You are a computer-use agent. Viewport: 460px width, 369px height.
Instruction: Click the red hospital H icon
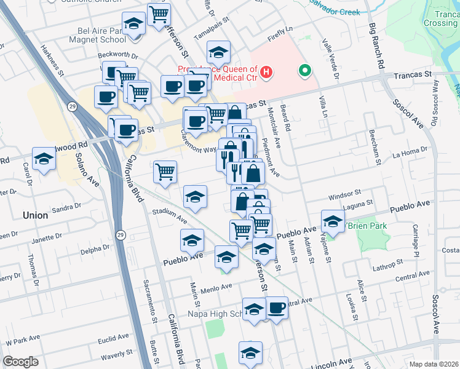266,73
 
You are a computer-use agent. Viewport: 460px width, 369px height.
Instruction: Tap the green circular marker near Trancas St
304,71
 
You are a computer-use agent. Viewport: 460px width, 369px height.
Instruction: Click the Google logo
21,362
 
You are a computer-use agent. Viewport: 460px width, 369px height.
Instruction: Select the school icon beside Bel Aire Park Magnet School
133,24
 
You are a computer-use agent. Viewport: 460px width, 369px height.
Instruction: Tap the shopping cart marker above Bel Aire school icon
159,14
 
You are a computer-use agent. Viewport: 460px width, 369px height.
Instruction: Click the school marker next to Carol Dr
44,160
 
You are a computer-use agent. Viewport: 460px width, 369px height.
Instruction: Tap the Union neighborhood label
34,215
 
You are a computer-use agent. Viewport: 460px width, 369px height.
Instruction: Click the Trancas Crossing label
440,18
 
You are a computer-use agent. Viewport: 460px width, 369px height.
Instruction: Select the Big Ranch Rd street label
377,47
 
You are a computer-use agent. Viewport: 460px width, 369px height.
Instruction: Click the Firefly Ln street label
281,36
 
